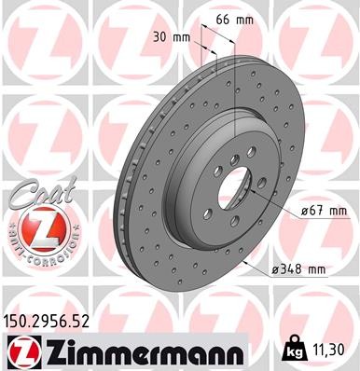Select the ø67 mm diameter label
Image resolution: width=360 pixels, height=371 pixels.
click(x=299, y=213)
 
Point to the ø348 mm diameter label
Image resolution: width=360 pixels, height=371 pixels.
click(x=298, y=269)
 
